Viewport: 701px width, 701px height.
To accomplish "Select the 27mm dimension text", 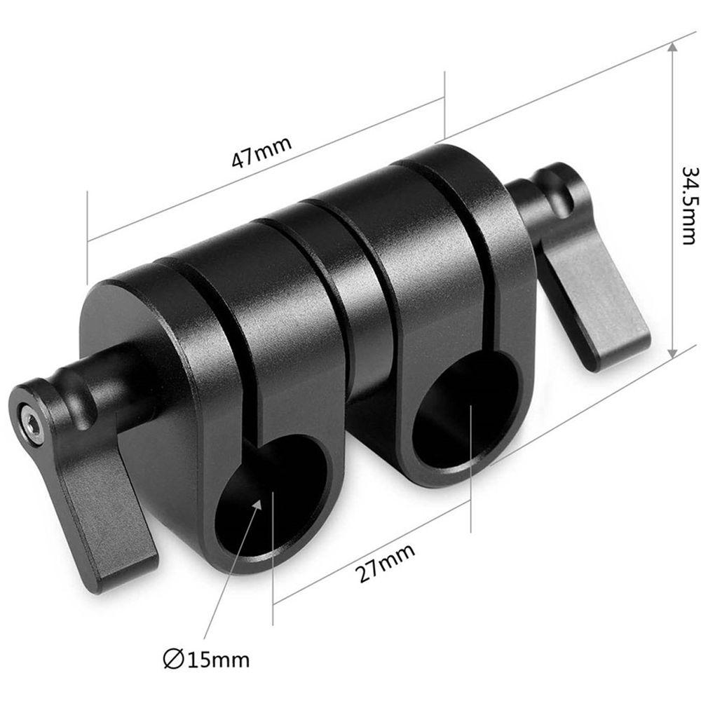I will coord(385,562).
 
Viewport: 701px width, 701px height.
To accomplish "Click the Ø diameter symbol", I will coord(171,659).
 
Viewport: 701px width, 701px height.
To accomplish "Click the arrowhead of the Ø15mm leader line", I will coord(259,499).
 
